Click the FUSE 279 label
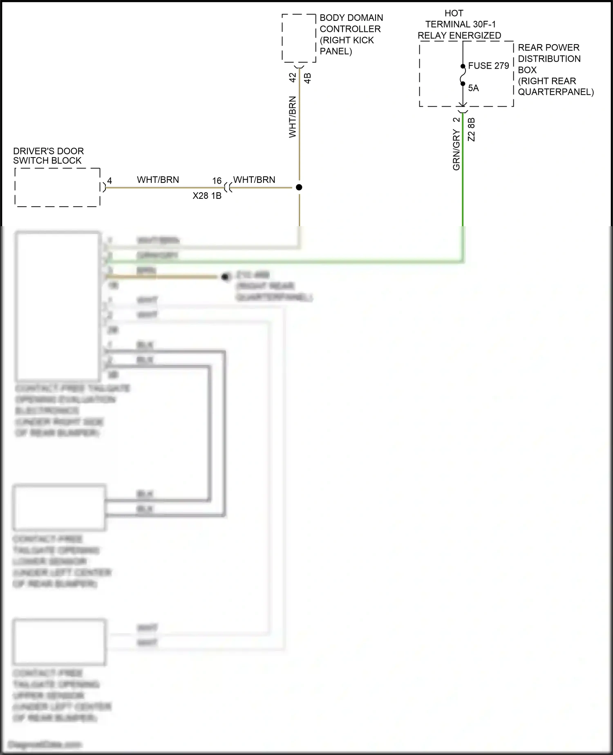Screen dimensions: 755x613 click(488, 66)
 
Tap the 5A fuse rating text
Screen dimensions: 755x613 click(473, 88)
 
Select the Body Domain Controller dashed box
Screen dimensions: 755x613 click(299, 38)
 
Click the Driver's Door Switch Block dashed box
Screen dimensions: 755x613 click(58, 187)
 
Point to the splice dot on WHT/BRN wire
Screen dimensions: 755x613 click(299, 187)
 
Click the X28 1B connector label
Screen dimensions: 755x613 click(207, 196)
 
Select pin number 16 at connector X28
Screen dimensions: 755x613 click(217, 181)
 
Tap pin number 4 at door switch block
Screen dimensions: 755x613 click(110, 181)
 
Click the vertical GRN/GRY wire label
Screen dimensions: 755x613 click(456, 150)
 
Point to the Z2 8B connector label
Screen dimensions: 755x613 click(471, 130)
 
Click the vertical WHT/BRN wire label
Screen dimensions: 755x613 click(293, 117)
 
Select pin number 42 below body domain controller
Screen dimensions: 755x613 click(293, 77)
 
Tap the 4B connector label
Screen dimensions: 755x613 click(308, 78)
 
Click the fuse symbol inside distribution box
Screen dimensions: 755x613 click(463, 75)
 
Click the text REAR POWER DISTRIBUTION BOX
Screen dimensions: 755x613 click(549, 58)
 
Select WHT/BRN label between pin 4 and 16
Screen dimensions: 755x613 click(158, 180)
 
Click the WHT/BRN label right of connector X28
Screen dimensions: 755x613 click(254, 180)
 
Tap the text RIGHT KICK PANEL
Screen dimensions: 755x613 click(347, 46)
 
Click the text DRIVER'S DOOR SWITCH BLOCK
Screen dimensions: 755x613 click(48, 156)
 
